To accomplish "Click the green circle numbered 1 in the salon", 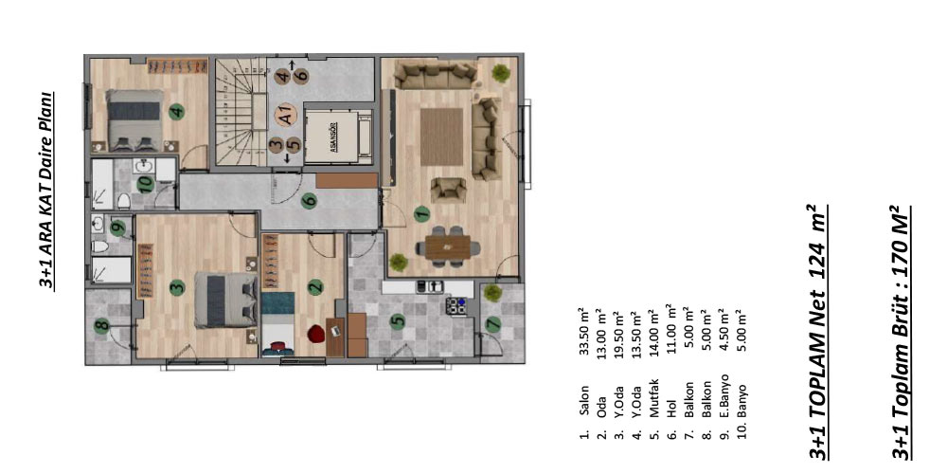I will click(420, 214).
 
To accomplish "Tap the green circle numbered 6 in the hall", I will click(309, 200).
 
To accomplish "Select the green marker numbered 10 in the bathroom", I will click(144, 183).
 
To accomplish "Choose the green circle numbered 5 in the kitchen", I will click(398, 321).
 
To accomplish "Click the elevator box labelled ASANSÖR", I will click(336, 135).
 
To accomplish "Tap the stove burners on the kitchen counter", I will click(456, 305).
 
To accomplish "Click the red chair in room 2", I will click(314, 332).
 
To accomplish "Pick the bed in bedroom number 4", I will click(134, 120).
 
